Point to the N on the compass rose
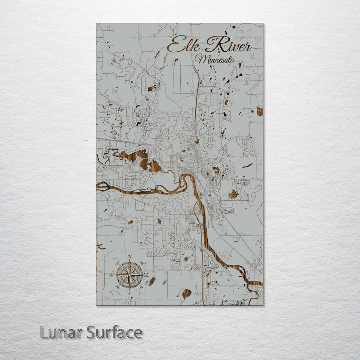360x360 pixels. click(130, 257)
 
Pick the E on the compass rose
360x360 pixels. click(147, 274)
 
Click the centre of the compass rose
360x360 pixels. click(130, 274)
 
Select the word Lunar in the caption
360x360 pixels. click(61, 332)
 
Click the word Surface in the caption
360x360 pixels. click(114, 332)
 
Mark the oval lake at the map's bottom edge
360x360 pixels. click(186, 294)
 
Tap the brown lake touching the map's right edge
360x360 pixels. click(260, 112)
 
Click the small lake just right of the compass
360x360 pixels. click(152, 281)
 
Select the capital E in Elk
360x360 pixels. click(175, 46)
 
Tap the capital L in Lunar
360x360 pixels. click(44, 332)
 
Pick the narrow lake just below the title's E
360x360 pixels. click(176, 62)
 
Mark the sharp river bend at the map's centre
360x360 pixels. click(188, 177)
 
